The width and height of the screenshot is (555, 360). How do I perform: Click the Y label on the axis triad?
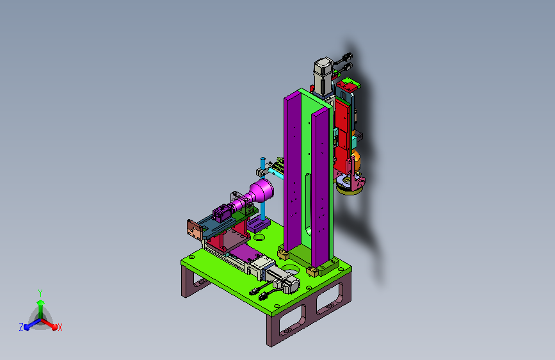(40, 293)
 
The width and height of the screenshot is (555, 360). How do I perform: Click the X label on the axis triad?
(60, 328)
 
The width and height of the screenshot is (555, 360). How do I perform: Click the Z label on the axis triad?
(21, 327)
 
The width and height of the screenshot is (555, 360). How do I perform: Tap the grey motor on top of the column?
(323, 76)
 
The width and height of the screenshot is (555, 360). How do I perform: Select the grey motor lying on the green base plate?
(283, 279)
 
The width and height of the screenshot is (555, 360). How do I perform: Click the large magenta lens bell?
(261, 192)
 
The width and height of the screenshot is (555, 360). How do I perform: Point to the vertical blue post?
(262, 189)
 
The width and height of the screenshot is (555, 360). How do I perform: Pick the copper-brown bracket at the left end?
(195, 229)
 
